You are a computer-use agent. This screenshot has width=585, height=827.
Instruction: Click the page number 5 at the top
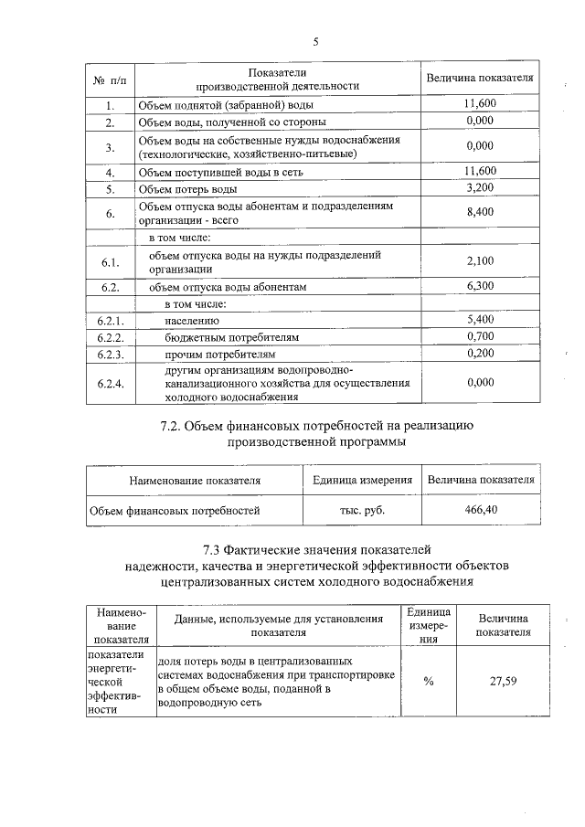pos(315,41)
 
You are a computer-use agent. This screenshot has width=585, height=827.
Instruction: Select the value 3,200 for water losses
pos(480,188)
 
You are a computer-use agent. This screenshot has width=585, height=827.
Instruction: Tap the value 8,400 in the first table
pos(480,212)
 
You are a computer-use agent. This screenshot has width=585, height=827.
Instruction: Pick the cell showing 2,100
pos(480,261)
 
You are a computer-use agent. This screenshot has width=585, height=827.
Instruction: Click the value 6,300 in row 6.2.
pos(480,286)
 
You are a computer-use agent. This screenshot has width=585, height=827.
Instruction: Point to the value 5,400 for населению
pos(480,321)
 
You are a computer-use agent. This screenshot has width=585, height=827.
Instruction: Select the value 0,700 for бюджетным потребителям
pos(480,337)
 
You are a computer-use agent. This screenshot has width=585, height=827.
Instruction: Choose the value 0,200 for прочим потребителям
pos(480,353)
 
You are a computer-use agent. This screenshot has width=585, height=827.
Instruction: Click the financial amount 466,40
pos(481,509)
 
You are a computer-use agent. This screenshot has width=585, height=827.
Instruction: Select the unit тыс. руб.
pos(361,510)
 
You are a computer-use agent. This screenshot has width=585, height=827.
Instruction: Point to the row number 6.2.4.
pos(110,384)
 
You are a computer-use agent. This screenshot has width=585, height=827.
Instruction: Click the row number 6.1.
pos(110,262)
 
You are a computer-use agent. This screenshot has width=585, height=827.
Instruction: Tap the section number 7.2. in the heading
pos(175,426)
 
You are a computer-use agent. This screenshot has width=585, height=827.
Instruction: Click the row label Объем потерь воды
pos(187,189)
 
